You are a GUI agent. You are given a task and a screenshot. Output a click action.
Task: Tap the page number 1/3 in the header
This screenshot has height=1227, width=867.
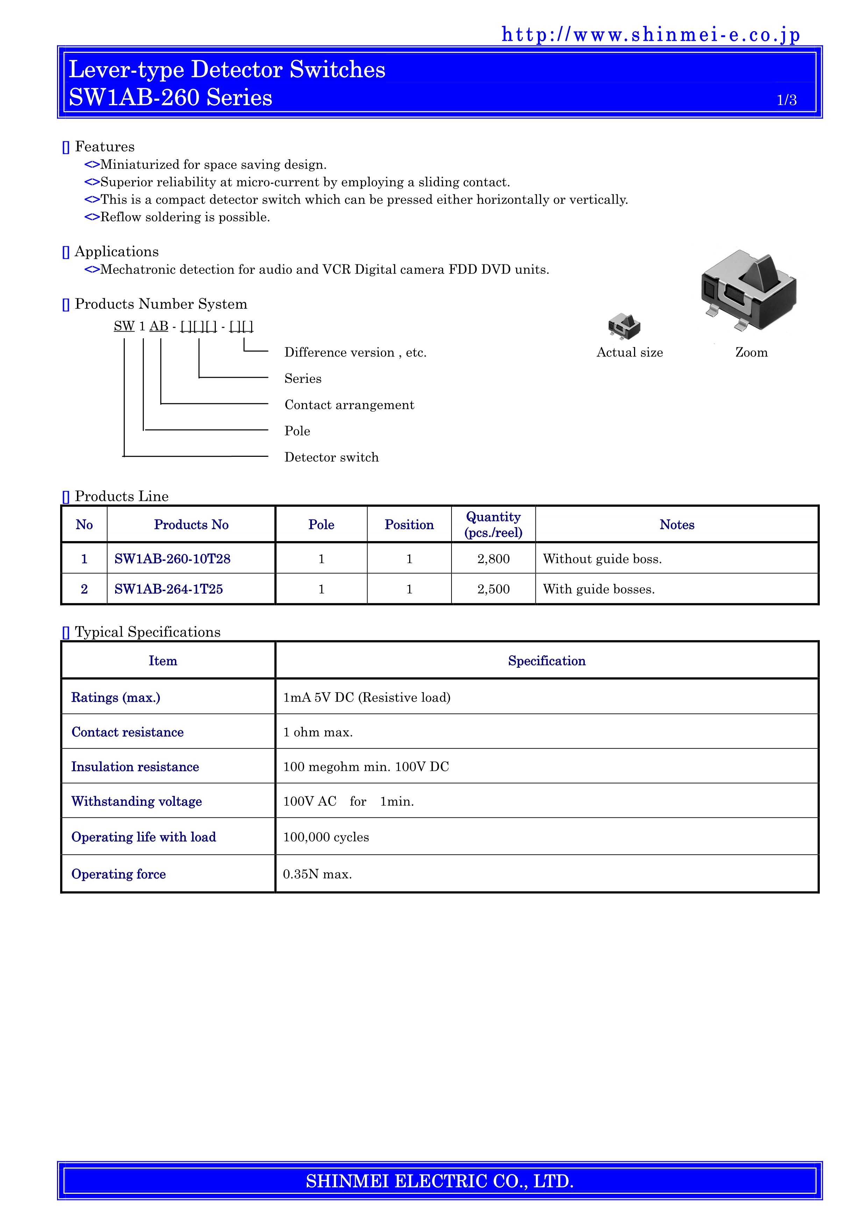point(786,100)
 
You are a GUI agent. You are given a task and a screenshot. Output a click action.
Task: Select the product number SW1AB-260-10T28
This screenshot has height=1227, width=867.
point(172,559)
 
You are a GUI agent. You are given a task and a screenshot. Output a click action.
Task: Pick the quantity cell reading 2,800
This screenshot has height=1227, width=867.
point(493,559)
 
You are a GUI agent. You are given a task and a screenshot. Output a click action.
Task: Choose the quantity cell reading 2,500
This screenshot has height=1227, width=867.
point(493,589)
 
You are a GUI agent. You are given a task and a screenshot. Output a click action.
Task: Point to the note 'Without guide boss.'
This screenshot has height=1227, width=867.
point(602,559)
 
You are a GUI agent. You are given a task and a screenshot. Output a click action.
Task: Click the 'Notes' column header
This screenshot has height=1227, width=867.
point(676,525)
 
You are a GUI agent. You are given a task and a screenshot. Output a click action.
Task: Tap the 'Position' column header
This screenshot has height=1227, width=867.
point(409,525)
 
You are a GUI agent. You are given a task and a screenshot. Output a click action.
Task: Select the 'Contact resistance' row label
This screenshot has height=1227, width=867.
point(128,732)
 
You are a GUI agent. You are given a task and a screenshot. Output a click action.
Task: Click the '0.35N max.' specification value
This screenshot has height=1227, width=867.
point(317,874)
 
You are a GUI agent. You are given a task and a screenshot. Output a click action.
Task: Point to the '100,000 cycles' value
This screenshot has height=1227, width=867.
point(326,837)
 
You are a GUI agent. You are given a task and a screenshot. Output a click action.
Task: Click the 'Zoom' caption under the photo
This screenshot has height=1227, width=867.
point(751,353)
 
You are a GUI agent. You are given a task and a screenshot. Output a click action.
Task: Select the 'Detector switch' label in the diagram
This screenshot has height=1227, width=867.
point(331,458)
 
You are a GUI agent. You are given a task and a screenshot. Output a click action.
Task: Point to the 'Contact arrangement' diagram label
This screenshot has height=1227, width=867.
point(349,405)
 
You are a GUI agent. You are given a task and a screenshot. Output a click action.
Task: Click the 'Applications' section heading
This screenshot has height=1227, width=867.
point(116,252)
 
